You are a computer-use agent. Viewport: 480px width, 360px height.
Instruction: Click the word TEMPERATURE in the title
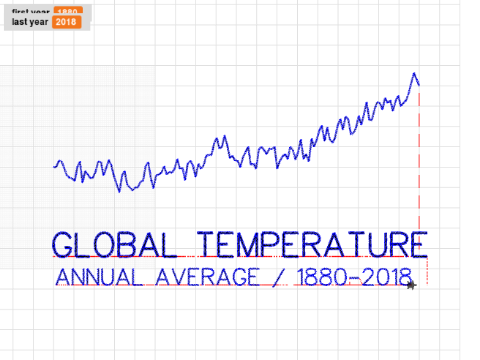click(312, 244)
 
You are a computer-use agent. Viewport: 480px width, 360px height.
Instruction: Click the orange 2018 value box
click(66, 21)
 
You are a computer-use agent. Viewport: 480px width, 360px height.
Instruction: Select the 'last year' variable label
click(30, 21)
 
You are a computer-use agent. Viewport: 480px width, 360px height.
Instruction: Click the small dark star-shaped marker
click(410, 285)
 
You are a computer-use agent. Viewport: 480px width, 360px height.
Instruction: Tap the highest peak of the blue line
click(413, 74)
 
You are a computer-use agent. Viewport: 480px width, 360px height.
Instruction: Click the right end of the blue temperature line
click(419, 85)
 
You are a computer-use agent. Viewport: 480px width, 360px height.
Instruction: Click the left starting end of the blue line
click(55, 164)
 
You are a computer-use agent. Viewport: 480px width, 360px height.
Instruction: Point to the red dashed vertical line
click(419, 160)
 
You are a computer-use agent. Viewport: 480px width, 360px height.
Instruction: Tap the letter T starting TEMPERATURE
click(207, 244)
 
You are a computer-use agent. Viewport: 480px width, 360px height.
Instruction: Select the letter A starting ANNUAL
click(63, 276)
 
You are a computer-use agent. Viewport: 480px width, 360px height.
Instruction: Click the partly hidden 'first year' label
click(30, 10)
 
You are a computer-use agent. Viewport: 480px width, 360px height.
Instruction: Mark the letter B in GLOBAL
click(128, 244)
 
